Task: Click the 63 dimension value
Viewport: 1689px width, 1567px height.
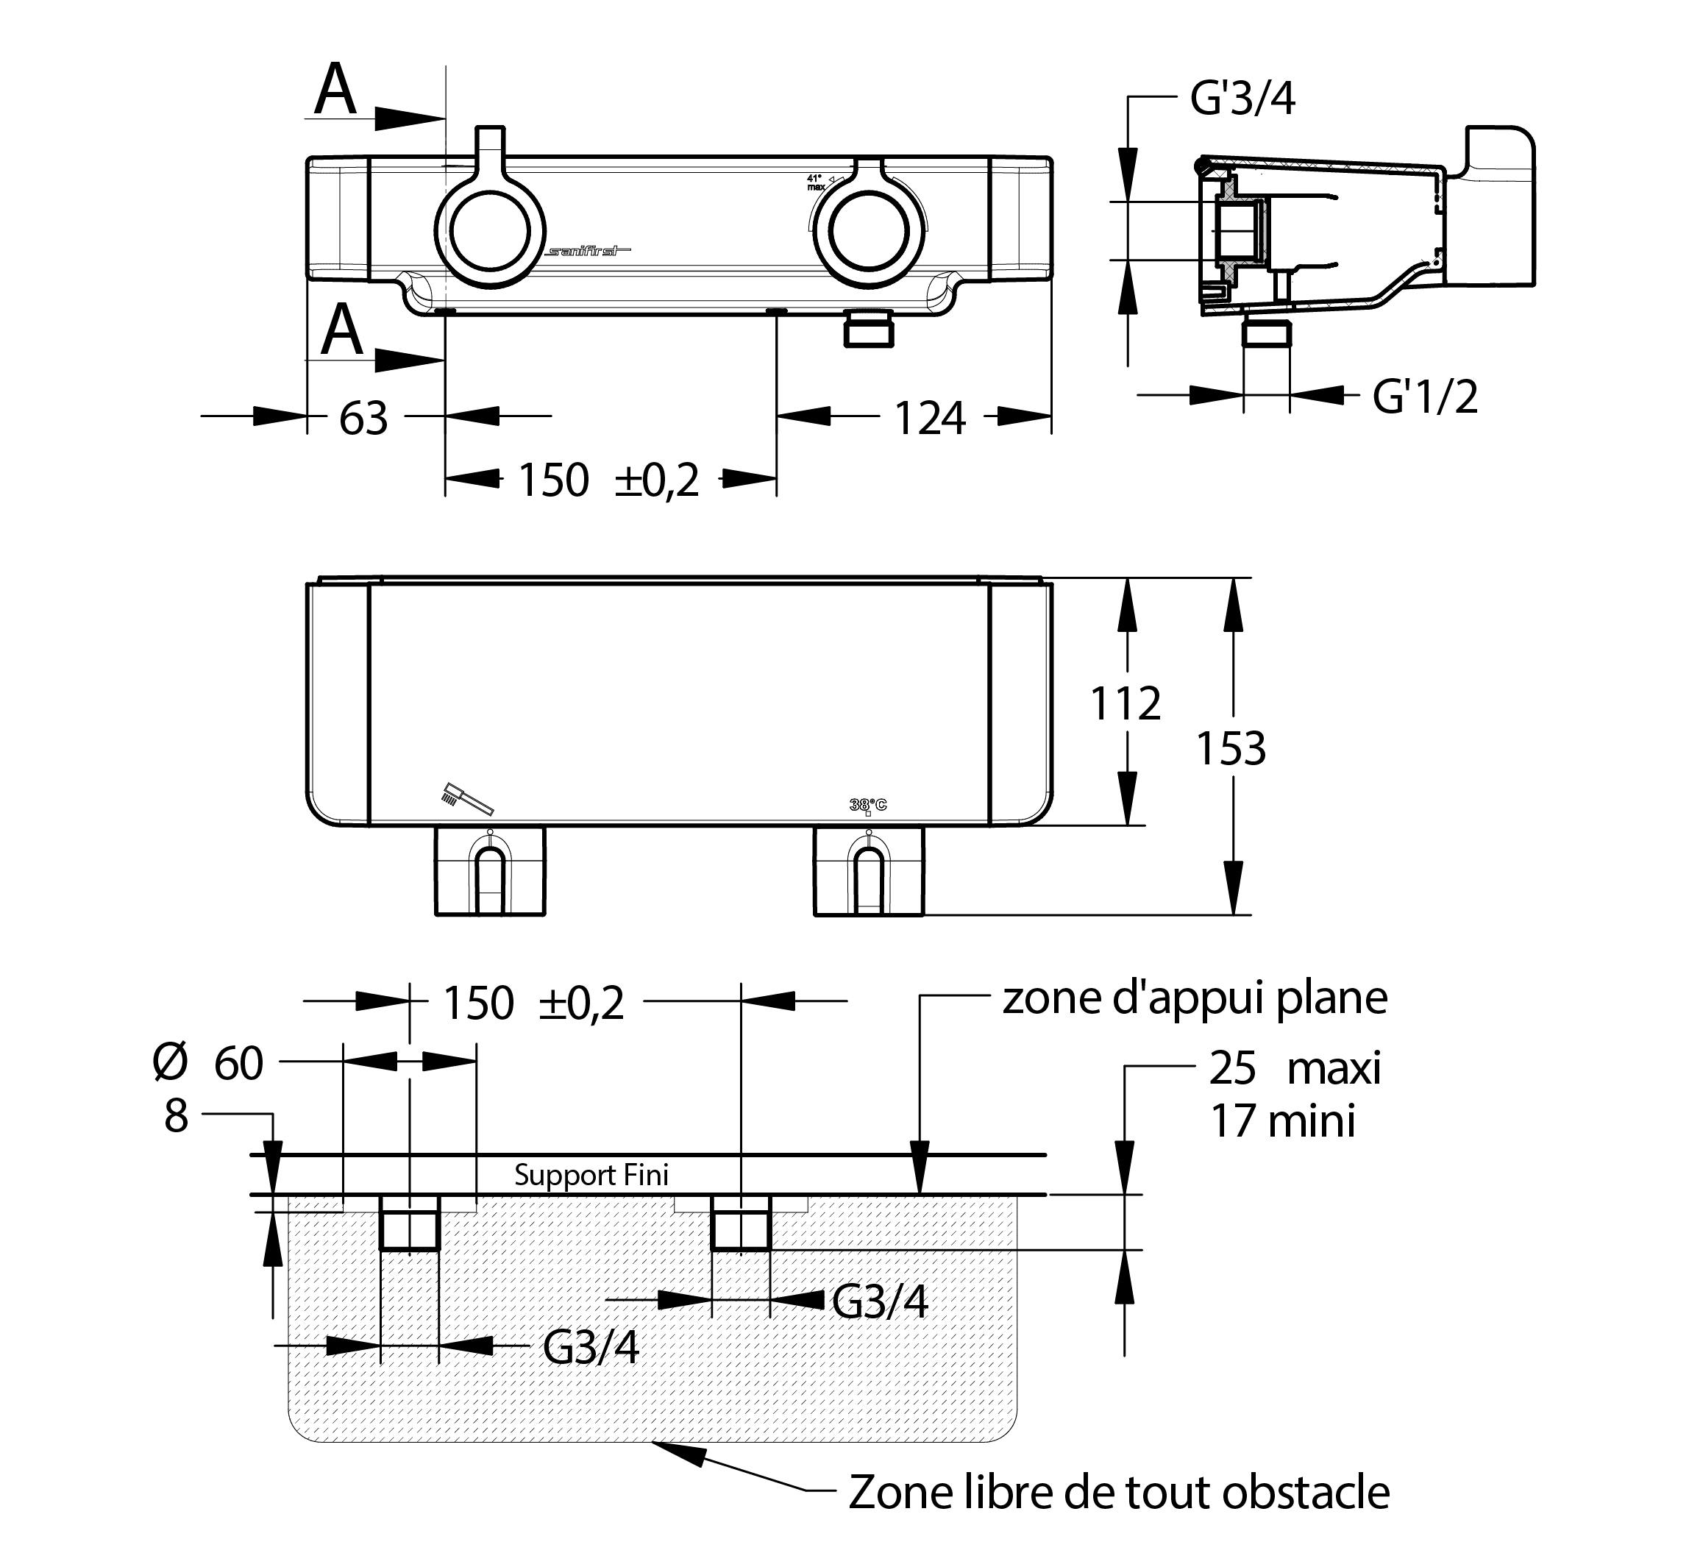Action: click(363, 418)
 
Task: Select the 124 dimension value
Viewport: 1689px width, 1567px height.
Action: click(930, 418)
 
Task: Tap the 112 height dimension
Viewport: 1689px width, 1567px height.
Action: click(1126, 704)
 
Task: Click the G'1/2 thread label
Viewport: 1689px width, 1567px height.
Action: click(1424, 396)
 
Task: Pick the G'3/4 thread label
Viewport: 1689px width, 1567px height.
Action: click(1243, 99)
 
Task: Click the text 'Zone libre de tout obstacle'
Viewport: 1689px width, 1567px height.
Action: click(1119, 1493)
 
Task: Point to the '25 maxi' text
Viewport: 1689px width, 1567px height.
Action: click(1295, 1067)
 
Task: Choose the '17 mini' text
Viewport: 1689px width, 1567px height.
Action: click(1282, 1121)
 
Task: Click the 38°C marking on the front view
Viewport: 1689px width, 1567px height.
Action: click(867, 806)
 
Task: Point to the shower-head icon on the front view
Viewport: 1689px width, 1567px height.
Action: click(466, 798)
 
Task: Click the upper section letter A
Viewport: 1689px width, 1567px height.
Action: click(335, 90)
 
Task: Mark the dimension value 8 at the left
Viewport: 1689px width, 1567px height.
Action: click(176, 1116)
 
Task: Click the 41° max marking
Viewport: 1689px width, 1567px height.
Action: click(816, 182)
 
